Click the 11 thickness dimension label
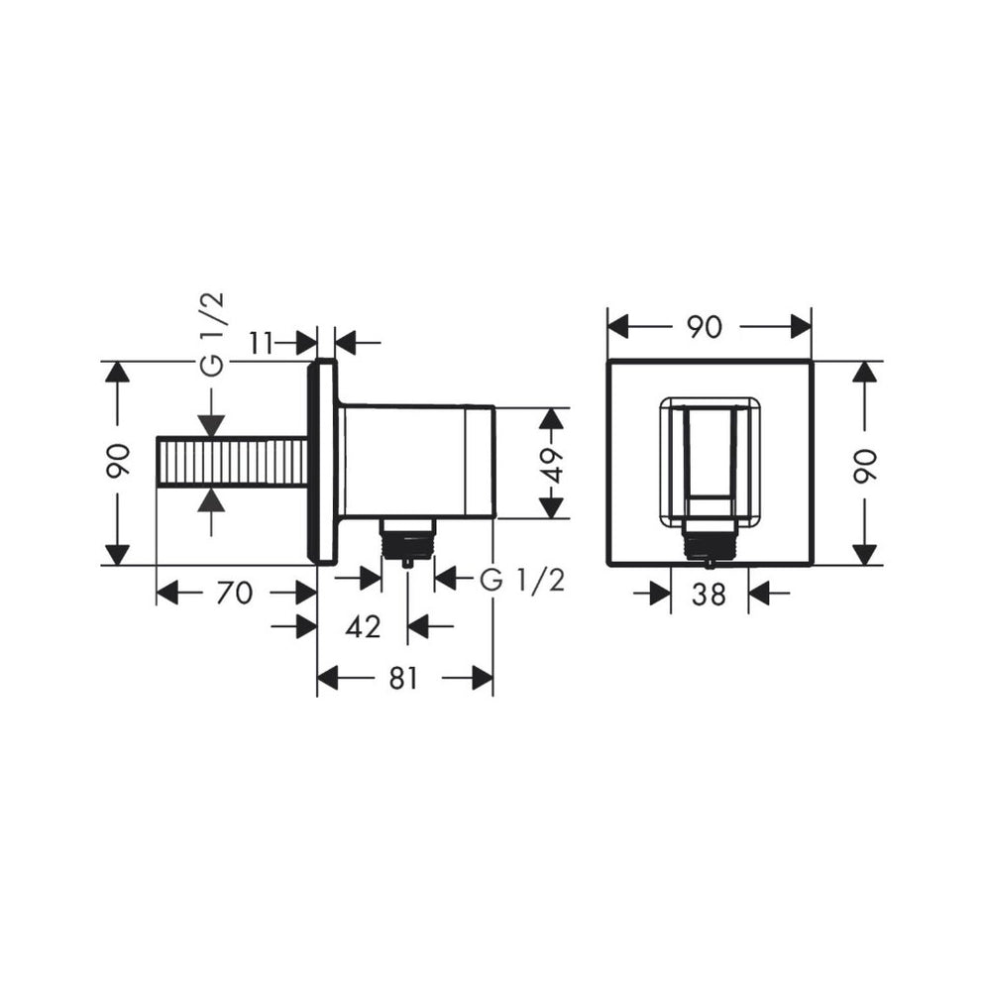click(262, 343)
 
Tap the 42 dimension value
click(362, 625)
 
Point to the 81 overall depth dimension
click(403, 678)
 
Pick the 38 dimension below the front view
click(709, 594)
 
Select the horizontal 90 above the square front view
click(705, 326)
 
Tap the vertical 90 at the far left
click(117, 463)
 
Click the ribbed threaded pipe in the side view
click(232, 462)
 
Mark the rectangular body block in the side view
click(416, 461)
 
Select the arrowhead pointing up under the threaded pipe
click(210, 499)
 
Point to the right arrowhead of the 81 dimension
click(482, 678)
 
